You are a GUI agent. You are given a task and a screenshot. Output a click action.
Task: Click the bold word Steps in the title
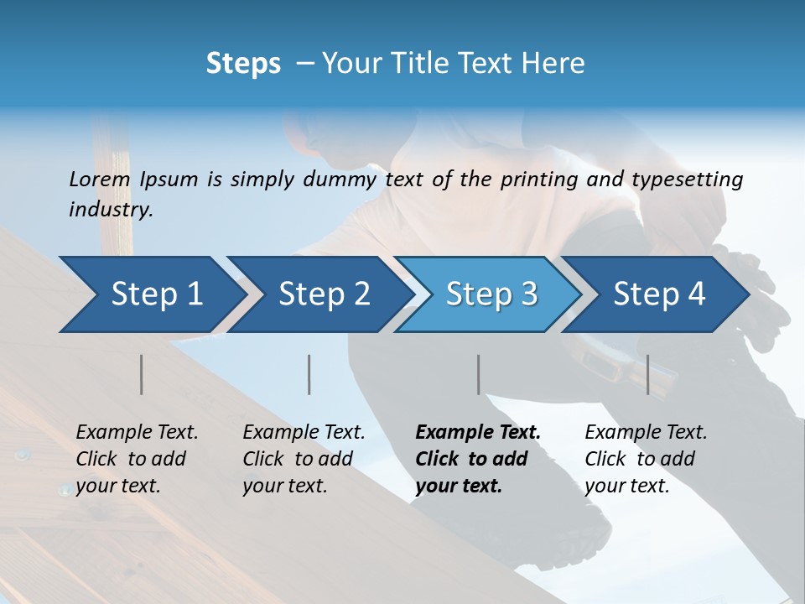point(243,63)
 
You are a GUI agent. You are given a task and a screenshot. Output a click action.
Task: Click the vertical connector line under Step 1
point(142,374)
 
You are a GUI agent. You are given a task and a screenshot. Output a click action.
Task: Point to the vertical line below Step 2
point(309,374)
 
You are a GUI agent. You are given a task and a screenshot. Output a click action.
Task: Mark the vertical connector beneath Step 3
point(479,374)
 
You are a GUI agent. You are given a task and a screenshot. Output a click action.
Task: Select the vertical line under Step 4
point(648,374)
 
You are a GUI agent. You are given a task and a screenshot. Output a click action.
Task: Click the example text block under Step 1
point(137,459)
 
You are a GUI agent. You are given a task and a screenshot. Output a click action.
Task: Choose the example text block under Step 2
point(304,459)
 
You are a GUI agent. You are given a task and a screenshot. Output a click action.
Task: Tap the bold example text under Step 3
point(478,459)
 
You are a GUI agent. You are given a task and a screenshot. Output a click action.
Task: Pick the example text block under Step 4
point(646,459)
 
